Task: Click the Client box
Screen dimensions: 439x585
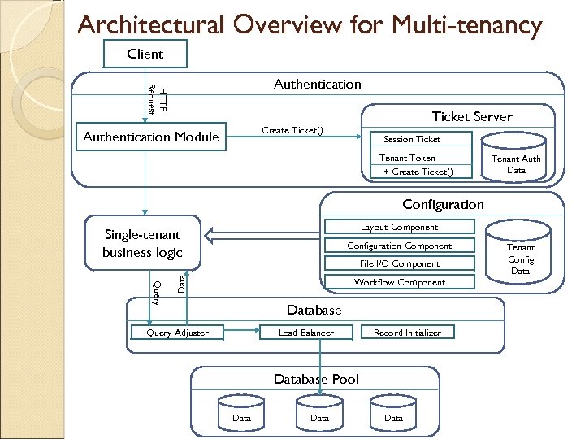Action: pyautogui.click(x=145, y=54)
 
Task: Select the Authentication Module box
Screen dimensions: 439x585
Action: pyautogui.click(x=151, y=137)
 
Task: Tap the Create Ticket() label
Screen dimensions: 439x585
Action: pyautogui.click(x=292, y=131)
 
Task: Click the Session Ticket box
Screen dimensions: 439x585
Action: pyautogui.click(x=412, y=139)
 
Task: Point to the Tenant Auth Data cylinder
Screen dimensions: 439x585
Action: pyautogui.click(x=516, y=163)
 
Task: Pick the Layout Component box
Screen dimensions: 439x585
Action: pyautogui.click(x=399, y=227)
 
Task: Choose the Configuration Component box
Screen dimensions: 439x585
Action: pyautogui.click(x=399, y=246)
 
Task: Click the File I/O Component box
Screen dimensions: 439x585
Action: pyautogui.click(x=399, y=263)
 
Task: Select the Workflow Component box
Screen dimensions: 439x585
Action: pyautogui.click(x=399, y=282)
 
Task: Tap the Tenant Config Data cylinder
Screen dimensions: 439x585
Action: pyautogui.click(x=521, y=259)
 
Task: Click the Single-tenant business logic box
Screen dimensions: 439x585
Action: pyautogui.click(x=143, y=243)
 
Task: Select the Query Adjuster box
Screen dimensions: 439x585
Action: pyautogui.click(x=177, y=332)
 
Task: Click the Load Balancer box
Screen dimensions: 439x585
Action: pyautogui.click(x=305, y=332)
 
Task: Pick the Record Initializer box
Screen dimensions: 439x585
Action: pyautogui.click(x=407, y=332)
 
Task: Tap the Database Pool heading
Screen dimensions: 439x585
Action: pyautogui.click(x=316, y=379)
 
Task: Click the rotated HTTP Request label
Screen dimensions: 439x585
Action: pyautogui.click(x=157, y=99)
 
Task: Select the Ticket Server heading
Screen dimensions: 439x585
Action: pyautogui.click(x=472, y=116)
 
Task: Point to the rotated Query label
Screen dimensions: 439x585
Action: pyautogui.click(x=158, y=291)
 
